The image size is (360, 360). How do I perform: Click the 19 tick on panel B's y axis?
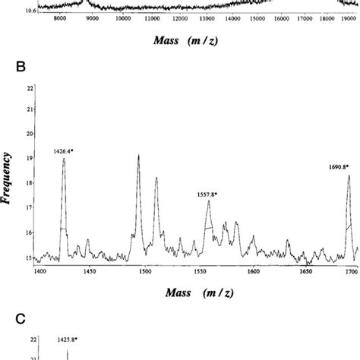[30, 158]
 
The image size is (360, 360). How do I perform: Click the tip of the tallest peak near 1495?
[138, 155]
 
